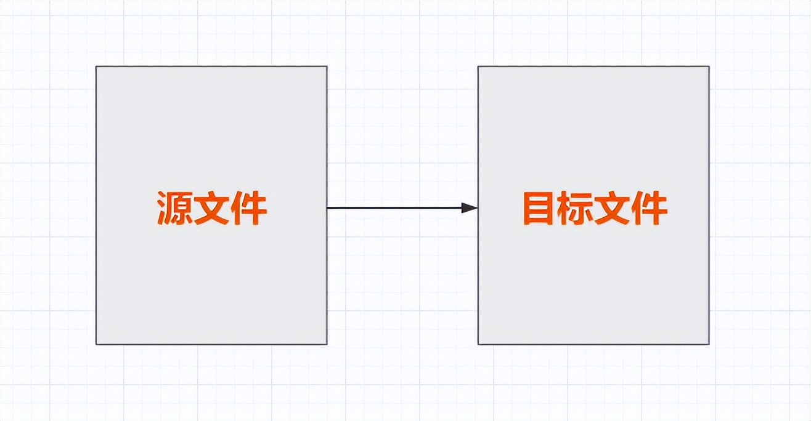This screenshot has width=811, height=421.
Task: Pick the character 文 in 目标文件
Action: point(612,208)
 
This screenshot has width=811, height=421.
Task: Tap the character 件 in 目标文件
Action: point(650,208)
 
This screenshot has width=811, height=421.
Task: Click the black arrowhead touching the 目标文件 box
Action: point(470,208)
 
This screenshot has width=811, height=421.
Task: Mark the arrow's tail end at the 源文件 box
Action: point(327,208)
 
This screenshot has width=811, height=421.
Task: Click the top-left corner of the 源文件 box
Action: point(96,66)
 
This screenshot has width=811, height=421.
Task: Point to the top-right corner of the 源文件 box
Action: point(327,66)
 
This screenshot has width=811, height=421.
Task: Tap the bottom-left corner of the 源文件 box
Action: point(96,344)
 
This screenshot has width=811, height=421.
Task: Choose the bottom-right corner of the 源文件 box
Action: point(327,344)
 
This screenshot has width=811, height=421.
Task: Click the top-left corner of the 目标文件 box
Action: point(478,66)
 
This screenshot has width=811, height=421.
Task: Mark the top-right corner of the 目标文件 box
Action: point(709,66)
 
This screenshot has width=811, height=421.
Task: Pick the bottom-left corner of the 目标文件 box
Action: point(478,344)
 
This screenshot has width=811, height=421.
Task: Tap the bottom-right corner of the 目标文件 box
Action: point(709,344)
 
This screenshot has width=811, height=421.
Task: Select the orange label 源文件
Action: point(212,208)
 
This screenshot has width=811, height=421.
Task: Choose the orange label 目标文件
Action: point(595,208)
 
